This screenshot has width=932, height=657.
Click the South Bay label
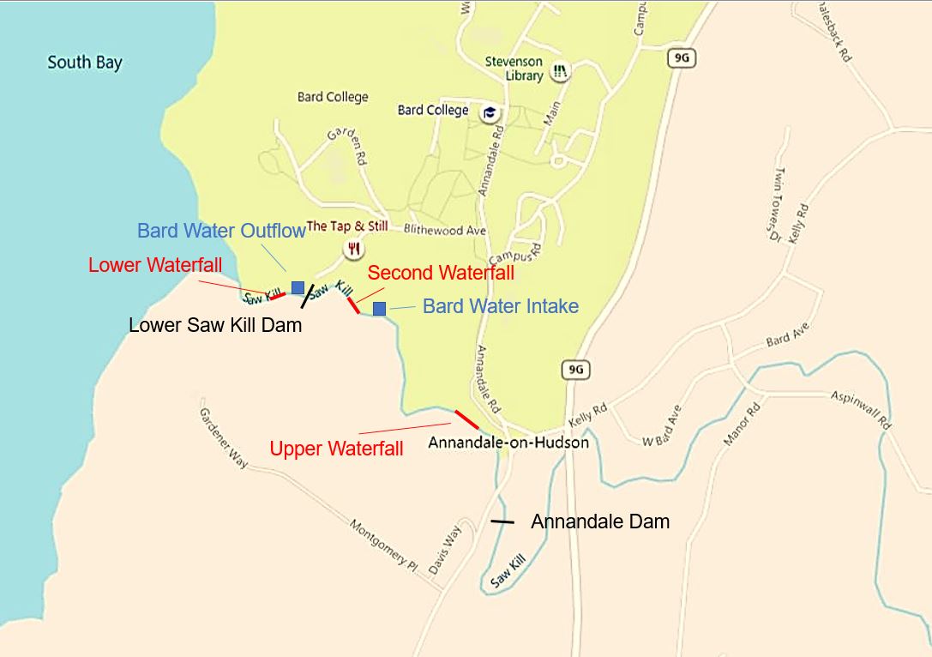[85, 63]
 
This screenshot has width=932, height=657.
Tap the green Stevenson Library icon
[560, 72]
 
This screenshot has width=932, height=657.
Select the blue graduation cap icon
[490, 112]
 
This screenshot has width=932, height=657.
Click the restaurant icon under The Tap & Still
[352, 249]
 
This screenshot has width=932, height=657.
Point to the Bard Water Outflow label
[221, 231]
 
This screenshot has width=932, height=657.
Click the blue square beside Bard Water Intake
[379, 308]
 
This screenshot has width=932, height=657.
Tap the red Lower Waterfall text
[155, 265]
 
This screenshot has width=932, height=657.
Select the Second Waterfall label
[441, 273]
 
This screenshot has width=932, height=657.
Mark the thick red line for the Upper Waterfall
[466, 419]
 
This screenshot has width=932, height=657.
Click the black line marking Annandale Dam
[502, 521]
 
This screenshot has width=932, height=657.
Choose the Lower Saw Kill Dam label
[215, 326]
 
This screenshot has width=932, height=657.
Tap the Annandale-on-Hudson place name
[508, 443]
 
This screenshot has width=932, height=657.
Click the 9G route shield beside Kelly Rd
[576, 370]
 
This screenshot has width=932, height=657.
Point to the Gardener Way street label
[223, 437]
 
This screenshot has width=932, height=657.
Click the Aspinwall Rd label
[861, 410]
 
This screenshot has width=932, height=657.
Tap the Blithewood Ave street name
[446, 231]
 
